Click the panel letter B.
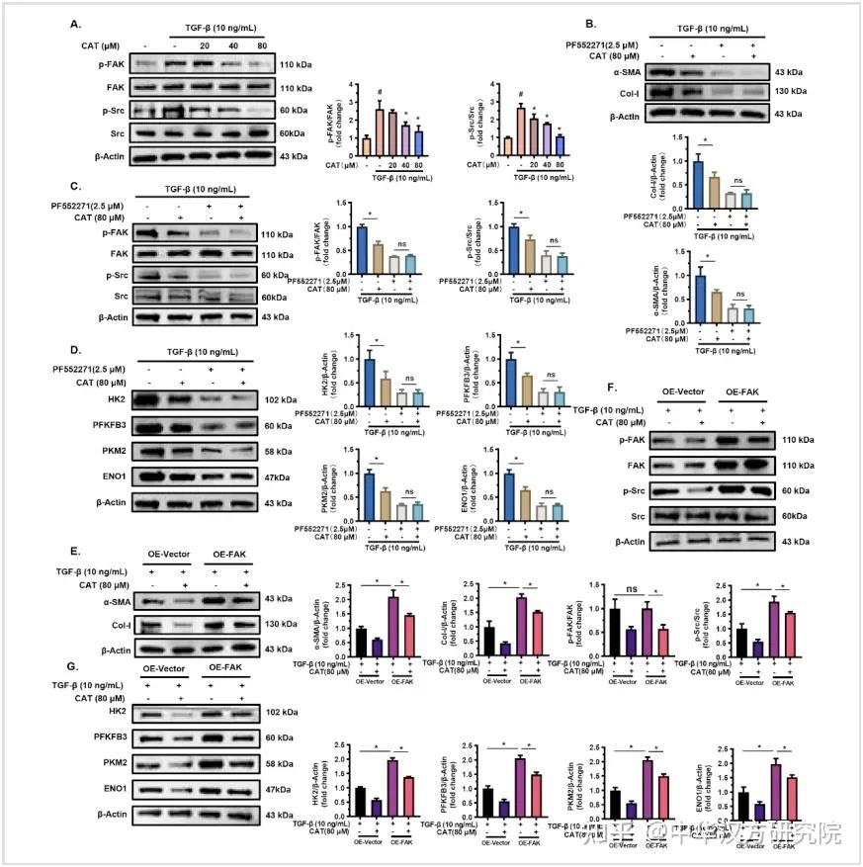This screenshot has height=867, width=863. pos(590,22)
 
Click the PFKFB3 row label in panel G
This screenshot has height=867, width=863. pos(106,737)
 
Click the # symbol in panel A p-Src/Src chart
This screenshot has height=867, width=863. pos(520,95)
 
